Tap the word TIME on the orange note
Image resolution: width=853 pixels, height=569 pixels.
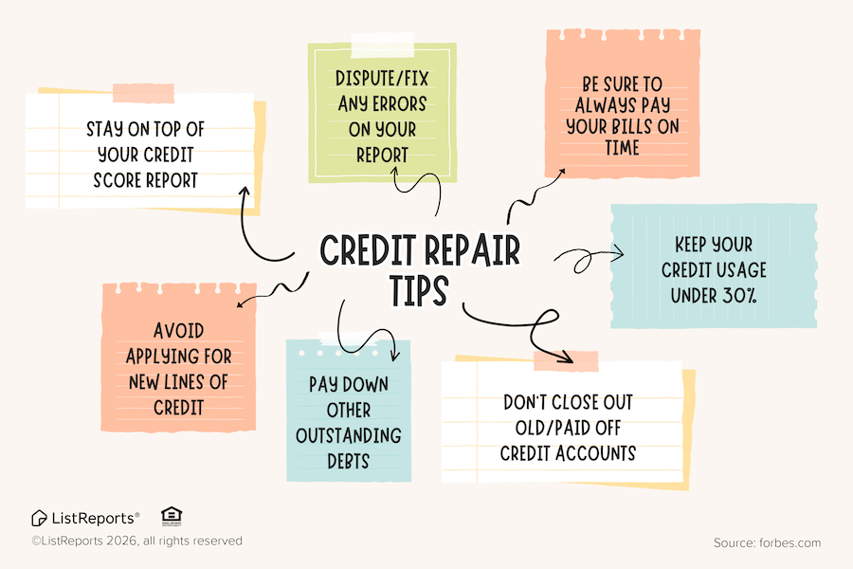click(x=622, y=148)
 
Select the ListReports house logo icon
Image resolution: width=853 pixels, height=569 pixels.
click(x=39, y=518)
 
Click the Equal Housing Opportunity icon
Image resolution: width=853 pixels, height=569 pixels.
click(x=172, y=516)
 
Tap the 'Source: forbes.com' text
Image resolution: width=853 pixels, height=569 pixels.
click(x=767, y=543)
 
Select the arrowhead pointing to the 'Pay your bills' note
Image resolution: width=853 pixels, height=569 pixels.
click(x=561, y=172)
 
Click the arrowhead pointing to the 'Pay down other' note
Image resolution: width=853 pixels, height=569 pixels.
click(x=392, y=355)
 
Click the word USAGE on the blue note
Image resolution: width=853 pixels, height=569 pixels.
click(x=728, y=270)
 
